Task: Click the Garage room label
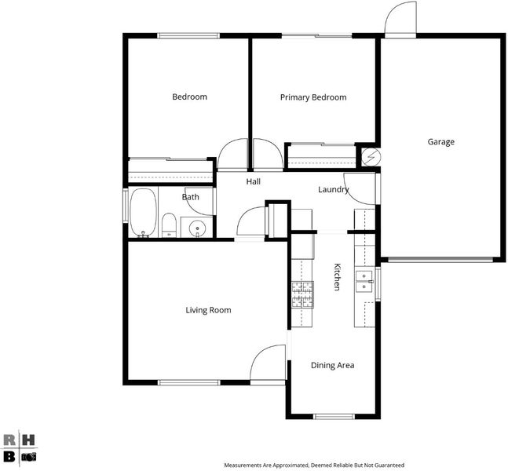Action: [x=440, y=142]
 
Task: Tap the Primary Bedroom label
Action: [x=313, y=97]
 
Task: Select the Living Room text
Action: [x=208, y=310]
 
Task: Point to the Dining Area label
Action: [x=332, y=365]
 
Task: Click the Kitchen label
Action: [x=338, y=277]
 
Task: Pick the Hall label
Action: [x=254, y=181]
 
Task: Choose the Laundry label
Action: [x=334, y=190]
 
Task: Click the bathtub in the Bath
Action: [x=143, y=213]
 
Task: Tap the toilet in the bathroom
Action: [x=169, y=225]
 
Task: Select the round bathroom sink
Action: [x=197, y=228]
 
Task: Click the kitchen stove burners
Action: [x=302, y=294]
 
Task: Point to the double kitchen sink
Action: [x=364, y=282]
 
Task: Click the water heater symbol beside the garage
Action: [x=371, y=157]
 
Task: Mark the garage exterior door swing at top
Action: [x=400, y=17]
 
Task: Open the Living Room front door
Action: [x=268, y=363]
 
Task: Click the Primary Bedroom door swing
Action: [x=268, y=154]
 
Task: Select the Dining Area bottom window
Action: [x=334, y=416]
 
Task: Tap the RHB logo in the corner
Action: [x=20, y=448]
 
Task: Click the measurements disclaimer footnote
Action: [x=314, y=466]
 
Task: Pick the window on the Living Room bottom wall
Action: [x=189, y=382]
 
